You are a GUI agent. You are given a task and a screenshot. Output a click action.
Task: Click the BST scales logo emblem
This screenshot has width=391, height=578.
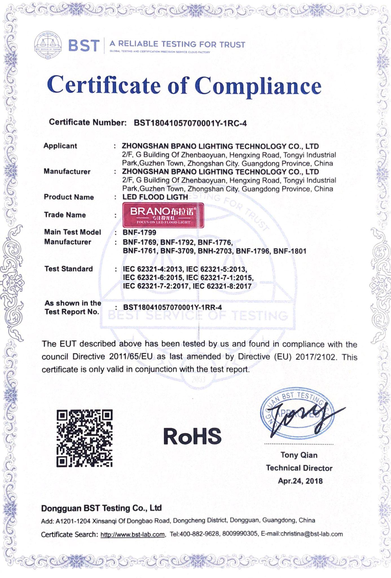click(x=48, y=45)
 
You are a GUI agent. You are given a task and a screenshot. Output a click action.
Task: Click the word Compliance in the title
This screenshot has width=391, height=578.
click(x=258, y=86)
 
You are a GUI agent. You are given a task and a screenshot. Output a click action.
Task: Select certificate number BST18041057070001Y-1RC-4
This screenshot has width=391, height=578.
click(x=190, y=123)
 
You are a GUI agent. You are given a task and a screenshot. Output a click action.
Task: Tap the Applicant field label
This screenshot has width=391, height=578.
click(x=60, y=146)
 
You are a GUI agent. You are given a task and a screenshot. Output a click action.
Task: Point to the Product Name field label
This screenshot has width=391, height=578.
click(x=69, y=197)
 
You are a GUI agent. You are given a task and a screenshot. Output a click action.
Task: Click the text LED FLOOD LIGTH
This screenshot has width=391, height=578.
click(x=155, y=197)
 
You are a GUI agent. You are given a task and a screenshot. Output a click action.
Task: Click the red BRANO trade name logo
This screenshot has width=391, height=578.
click(x=163, y=215)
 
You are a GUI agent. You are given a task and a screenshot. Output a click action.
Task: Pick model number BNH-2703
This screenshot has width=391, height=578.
click(x=215, y=251)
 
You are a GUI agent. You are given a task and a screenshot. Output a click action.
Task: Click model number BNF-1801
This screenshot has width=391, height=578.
click(x=290, y=251)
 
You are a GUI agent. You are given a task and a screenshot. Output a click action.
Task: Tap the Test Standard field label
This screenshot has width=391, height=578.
click(x=69, y=269)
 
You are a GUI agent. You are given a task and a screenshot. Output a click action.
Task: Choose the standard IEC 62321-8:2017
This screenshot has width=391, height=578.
click(x=222, y=286)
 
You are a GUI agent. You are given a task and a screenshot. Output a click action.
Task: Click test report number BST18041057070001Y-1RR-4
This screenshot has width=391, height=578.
click(x=173, y=308)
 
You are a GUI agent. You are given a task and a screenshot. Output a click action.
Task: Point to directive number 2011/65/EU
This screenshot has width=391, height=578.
click(x=131, y=357)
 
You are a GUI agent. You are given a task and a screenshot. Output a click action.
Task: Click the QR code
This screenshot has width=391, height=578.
click(x=84, y=438)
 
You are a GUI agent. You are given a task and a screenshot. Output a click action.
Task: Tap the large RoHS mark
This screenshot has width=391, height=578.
click(x=192, y=436)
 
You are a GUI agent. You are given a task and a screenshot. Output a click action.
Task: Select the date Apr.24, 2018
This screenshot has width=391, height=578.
click(x=300, y=481)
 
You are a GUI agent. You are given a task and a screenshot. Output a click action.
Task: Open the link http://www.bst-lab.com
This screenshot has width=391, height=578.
click(x=133, y=535)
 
